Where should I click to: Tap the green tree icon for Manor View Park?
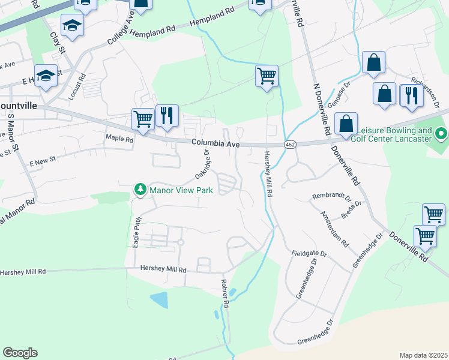coord(140,190)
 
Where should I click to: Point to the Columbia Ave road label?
coord(216,144)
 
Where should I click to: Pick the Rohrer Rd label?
coord(226,295)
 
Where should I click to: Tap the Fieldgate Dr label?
coord(310,254)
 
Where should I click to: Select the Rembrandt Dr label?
coord(331,197)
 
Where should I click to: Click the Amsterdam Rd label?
coord(334,230)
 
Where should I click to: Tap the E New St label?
coord(42,159)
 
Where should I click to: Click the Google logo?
coord(20,353)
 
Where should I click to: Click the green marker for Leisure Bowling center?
coord(442,134)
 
